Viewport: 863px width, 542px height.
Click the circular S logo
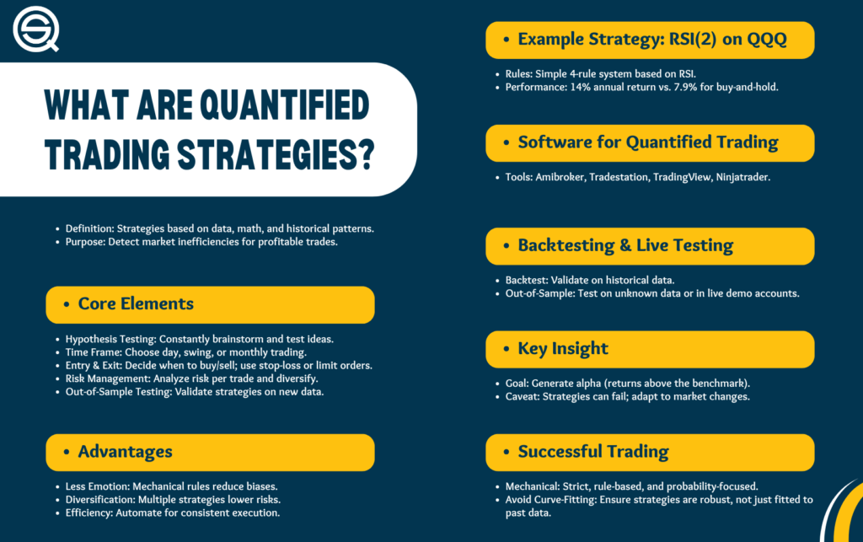(35, 30)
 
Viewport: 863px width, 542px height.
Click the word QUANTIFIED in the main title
(284, 105)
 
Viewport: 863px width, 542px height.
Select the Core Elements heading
(136, 303)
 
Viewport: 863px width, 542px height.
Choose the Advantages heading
(125, 452)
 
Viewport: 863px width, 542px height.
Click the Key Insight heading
(562, 349)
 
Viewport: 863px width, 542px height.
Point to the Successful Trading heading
(592, 452)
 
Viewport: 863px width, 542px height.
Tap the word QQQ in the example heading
(767, 40)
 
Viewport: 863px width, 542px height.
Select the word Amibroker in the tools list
(560, 177)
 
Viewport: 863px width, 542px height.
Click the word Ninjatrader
(742, 177)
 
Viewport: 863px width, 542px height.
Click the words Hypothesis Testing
(110, 340)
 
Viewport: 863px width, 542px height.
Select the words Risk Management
(107, 379)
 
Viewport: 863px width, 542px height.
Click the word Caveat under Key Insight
(523, 397)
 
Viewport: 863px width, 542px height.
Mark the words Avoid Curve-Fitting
(551, 500)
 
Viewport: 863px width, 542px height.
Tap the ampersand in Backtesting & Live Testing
(625, 245)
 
